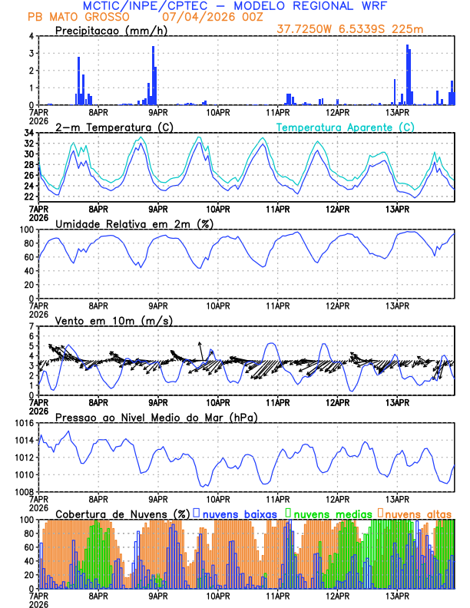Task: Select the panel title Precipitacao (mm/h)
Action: coord(110,30)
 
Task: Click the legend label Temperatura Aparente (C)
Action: coord(346,127)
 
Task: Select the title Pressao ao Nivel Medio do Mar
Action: coord(156,417)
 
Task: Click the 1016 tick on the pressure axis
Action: coord(22,423)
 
